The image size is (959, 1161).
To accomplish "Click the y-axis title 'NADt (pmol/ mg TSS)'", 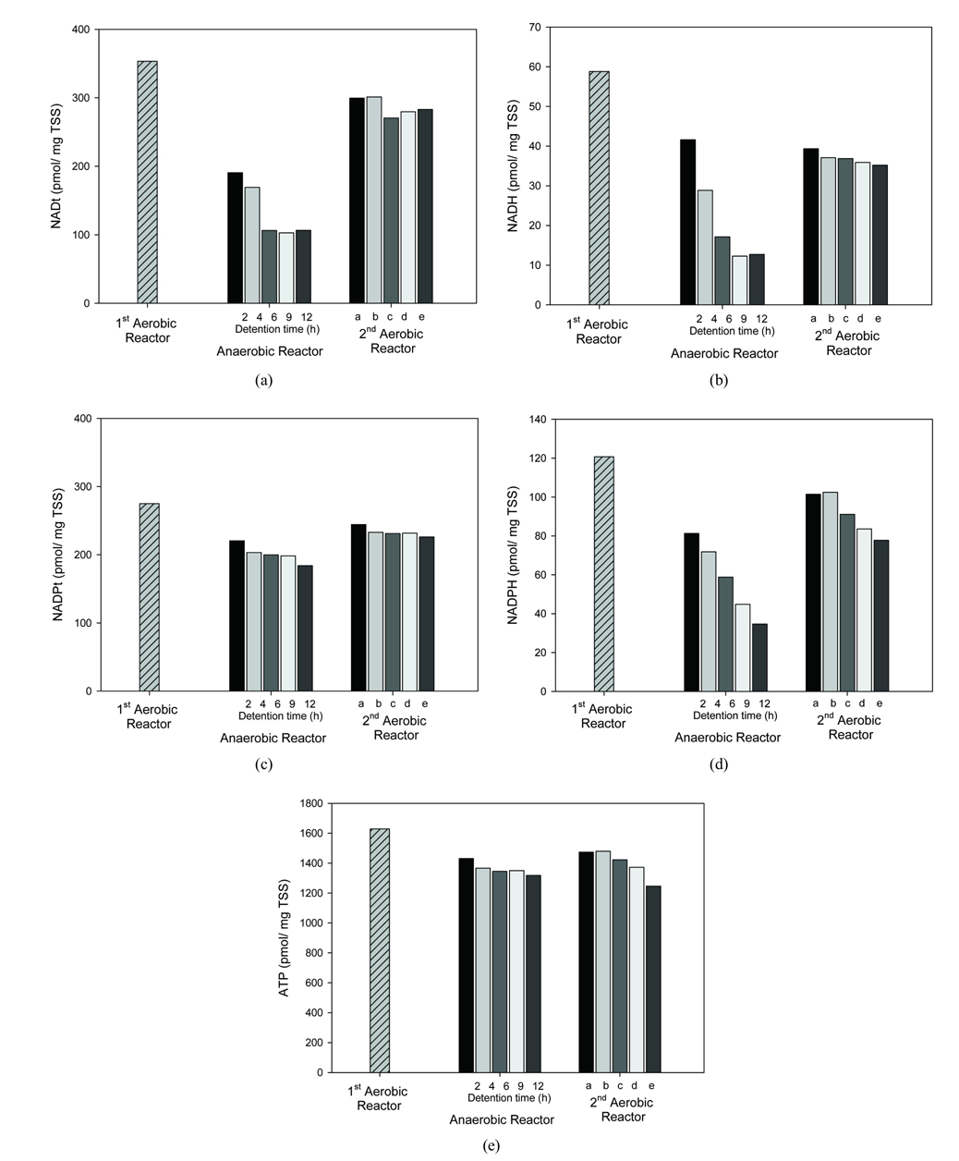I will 57,166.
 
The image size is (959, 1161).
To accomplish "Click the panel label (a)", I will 264,380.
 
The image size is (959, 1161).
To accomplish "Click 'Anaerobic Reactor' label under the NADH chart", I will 724,353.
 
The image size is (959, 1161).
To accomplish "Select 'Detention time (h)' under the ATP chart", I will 509,1098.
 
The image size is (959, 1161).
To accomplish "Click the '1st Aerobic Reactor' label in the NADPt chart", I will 148,716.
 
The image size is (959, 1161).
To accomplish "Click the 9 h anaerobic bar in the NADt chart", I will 286,267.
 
